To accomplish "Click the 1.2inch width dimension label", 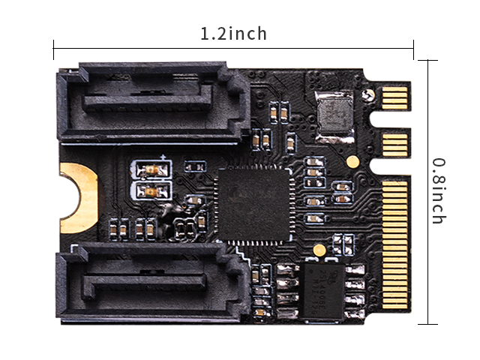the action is [233, 33].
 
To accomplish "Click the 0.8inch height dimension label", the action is [439, 191].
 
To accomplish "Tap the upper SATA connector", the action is [153, 103].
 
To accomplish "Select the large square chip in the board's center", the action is [253, 205].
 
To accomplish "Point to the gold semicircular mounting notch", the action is [78, 198].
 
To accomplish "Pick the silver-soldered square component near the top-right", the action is [335, 117].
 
